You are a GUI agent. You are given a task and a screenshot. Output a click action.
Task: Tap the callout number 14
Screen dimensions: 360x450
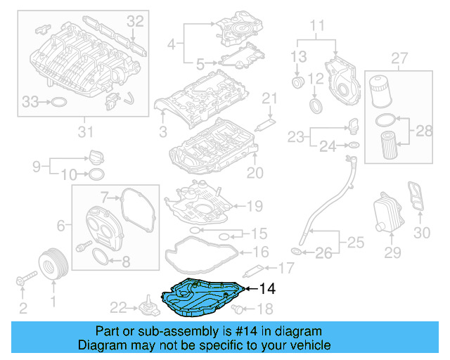tap(268, 288)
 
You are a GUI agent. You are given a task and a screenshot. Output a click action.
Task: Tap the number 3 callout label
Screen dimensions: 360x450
tap(163, 131)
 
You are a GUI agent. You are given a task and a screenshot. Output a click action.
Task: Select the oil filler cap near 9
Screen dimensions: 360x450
tap(97, 156)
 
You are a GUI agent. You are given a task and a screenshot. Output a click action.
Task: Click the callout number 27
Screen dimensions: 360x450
tap(399, 57)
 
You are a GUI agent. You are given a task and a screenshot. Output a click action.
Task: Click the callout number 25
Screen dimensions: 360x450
tap(356, 243)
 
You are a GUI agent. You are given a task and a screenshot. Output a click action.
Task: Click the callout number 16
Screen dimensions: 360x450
tap(260, 252)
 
